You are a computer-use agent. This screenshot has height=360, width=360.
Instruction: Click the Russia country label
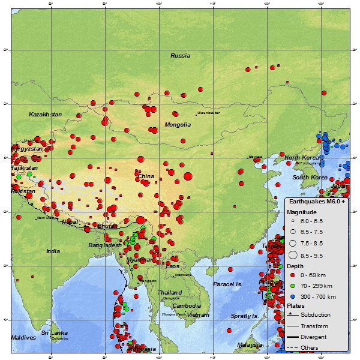[x=180, y=56]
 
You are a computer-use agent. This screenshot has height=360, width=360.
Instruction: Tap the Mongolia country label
[x=178, y=125]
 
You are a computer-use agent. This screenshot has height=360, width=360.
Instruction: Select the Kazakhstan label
[x=45, y=114]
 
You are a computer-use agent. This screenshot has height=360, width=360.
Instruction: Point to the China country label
[x=146, y=176]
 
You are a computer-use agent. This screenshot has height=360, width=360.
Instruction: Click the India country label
[x=53, y=251]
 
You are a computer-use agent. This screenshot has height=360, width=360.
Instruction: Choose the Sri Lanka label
[x=54, y=332]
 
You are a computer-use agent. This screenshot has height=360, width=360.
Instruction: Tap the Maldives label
[x=23, y=338]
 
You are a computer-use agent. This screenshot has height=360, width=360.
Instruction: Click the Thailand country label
[x=170, y=293]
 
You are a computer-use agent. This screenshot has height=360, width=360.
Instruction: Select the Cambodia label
[x=187, y=305]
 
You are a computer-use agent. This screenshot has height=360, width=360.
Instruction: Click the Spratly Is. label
[x=245, y=316]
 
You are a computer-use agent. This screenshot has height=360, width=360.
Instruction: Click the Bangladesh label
[x=105, y=245]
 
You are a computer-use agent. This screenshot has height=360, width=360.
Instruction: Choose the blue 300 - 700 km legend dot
[x=292, y=296]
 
